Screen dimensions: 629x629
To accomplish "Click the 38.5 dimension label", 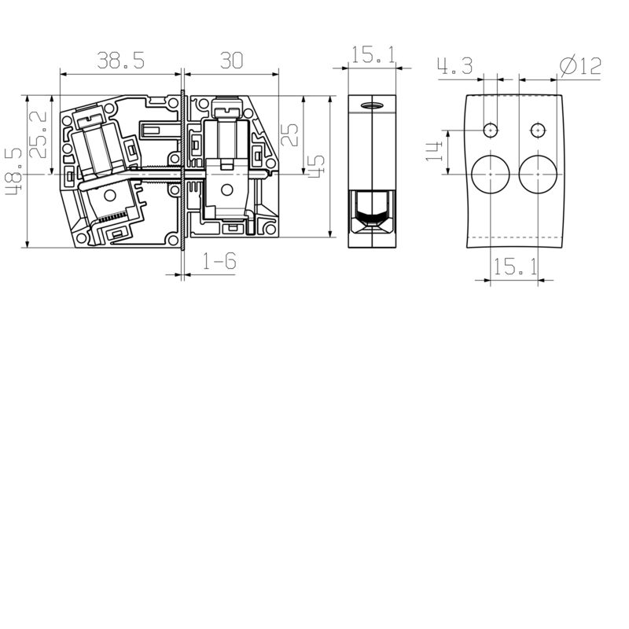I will [x=120, y=60].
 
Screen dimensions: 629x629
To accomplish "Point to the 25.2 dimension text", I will [x=38, y=134].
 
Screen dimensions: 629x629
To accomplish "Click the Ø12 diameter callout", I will [x=580, y=65].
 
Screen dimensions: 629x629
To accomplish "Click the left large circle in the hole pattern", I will [x=491, y=173].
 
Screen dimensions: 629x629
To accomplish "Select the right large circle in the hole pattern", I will [x=538, y=173].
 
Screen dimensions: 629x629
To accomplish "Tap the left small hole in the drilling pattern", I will [x=491, y=130].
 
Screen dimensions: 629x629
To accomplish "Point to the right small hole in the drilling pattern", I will [x=538, y=130].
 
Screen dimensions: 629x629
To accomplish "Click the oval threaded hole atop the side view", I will [x=370, y=106].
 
